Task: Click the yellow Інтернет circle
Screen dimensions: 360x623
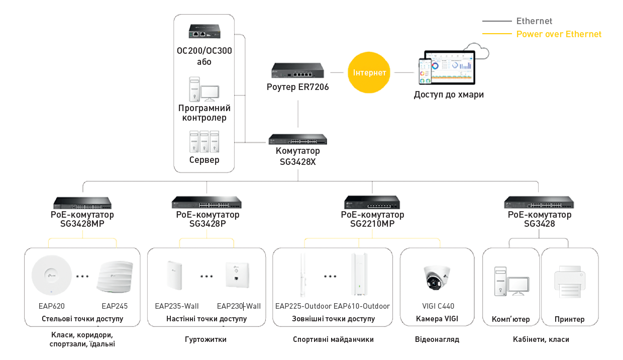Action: [x=369, y=72]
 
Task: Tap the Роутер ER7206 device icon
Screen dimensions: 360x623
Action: [x=298, y=71]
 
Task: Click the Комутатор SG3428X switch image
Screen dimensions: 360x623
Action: [x=297, y=139]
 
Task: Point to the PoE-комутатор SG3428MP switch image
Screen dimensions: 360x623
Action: [x=82, y=203]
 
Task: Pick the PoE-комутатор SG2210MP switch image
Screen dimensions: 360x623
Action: [x=372, y=203]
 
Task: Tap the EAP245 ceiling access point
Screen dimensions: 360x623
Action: [x=115, y=277]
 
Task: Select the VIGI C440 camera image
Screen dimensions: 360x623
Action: [x=437, y=278]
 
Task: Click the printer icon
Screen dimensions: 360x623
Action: [x=569, y=282]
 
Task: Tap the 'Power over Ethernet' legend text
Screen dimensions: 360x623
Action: [x=559, y=34]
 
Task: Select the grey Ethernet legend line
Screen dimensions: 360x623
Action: [x=496, y=21]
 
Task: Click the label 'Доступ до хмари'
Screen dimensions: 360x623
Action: [x=449, y=95]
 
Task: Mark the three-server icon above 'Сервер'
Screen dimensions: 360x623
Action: [x=204, y=142]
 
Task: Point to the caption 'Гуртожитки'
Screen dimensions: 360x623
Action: [x=206, y=339]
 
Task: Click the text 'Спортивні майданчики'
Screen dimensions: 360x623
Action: [x=333, y=339]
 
